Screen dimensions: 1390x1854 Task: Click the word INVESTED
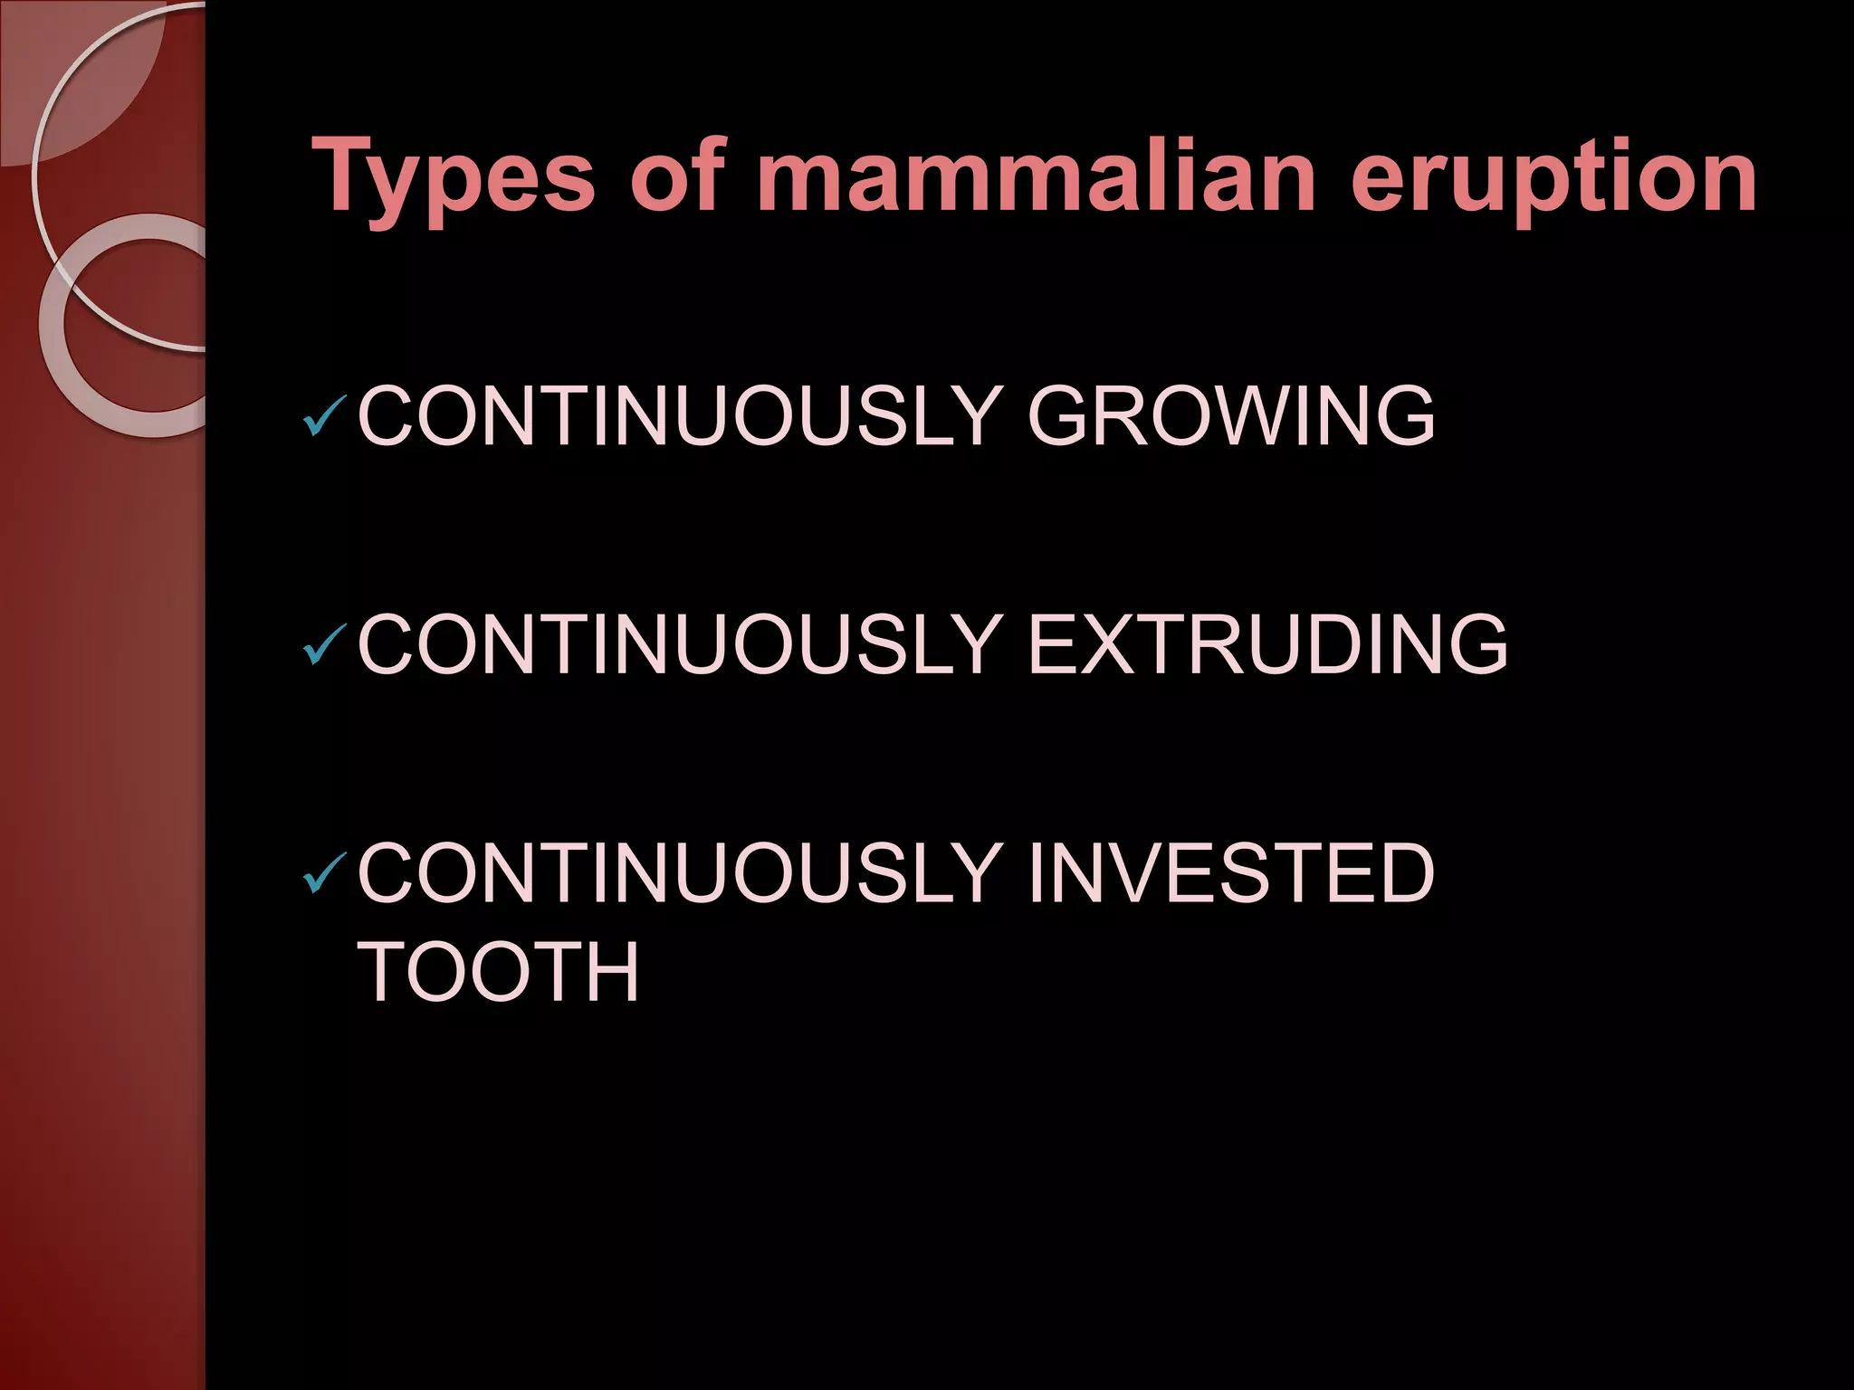click(x=1231, y=871)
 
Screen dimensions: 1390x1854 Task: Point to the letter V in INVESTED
click(x=1117, y=871)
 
